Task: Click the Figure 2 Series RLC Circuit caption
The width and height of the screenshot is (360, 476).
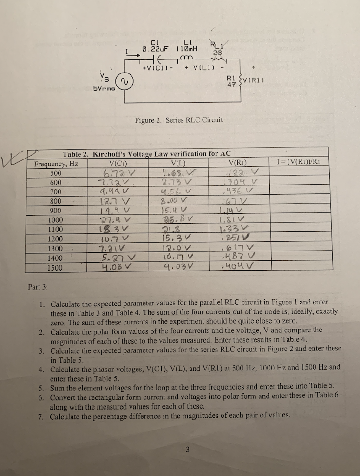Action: tap(179, 120)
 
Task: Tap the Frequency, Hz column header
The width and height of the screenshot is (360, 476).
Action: tap(56, 164)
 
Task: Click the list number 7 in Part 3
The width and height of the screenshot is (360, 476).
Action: tap(41, 415)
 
